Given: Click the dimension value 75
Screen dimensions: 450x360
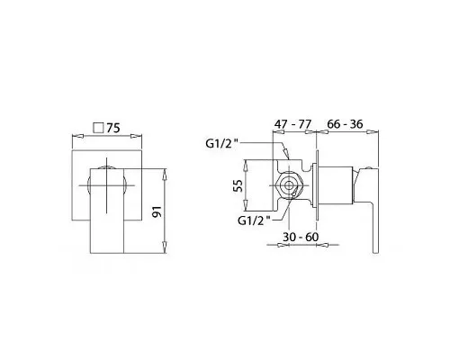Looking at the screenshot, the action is coord(113,128).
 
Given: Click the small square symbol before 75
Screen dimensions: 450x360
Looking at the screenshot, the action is coord(98,128).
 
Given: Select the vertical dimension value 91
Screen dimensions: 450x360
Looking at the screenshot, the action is coord(157,211).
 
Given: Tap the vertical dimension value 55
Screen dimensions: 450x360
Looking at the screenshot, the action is coord(238,185).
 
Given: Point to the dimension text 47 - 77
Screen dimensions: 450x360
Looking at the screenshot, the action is coord(293,123).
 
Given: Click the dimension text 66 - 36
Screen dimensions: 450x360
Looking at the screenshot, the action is coord(345,123).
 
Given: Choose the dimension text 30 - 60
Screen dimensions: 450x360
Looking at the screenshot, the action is coord(301,237).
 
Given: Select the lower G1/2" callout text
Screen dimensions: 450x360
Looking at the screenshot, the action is coord(254,220).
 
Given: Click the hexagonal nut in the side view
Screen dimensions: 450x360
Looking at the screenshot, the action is coord(289,185).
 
